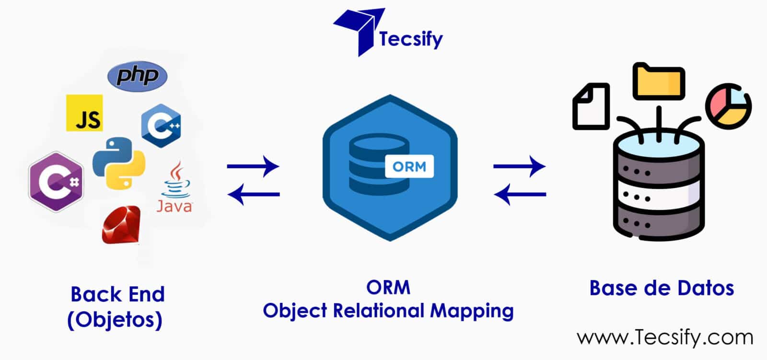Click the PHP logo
[x=137, y=76]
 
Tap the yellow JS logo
[x=84, y=113]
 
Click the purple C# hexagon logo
[x=56, y=182]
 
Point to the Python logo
[x=119, y=163]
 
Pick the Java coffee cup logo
[x=175, y=187]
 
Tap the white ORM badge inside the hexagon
[x=409, y=166]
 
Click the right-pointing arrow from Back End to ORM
[x=253, y=167]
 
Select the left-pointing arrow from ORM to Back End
[x=253, y=194]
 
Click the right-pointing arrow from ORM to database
[x=519, y=167]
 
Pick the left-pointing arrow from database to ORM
[x=520, y=194]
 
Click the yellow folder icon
[x=658, y=81]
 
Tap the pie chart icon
[x=728, y=106]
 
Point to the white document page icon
[x=591, y=106]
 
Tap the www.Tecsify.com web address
[x=665, y=337]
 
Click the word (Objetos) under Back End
[x=115, y=320]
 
